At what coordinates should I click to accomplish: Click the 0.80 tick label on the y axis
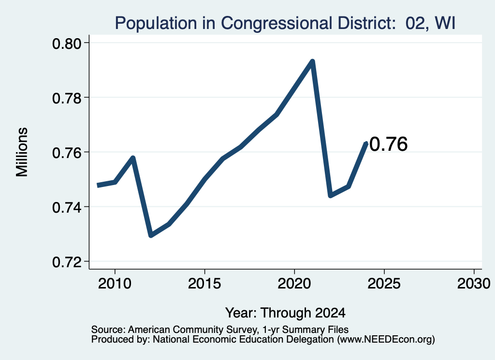point(66,43)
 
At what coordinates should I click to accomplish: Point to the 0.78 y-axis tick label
point(66,98)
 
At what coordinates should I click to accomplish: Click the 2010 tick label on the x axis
point(115,284)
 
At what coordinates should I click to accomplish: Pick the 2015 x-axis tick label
point(204,284)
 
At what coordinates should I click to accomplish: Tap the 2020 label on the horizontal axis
point(294,284)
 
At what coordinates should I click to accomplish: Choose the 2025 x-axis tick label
point(384,284)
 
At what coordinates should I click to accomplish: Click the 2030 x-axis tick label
point(474,284)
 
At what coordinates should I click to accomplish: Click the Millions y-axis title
point(22,152)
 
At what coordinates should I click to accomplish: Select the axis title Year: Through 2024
point(285,313)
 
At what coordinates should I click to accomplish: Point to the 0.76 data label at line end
point(389,144)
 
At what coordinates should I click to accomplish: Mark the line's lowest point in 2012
point(151,235)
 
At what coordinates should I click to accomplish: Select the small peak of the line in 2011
point(133,158)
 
